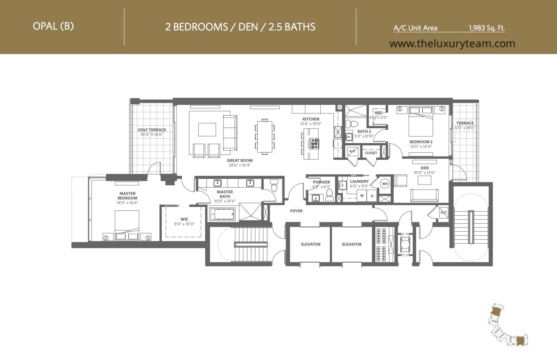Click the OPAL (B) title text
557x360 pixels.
click(53, 26)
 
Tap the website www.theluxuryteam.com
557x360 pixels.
click(452, 44)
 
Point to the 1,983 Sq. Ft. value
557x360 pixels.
click(487, 28)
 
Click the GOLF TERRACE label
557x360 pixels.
click(152, 130)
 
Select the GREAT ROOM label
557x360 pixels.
click(240, 161)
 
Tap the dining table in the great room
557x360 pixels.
click(265, 137)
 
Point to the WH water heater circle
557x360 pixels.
click(385, 184)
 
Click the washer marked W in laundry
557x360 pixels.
click(362, 196)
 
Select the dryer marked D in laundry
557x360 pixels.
click(372, 196)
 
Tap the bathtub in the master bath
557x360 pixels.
click(222, 214)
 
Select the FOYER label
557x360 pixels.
click(297, 211)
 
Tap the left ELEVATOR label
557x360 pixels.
click(311, 244)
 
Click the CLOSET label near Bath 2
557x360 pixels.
click(371, 153)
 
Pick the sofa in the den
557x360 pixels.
click(425, 196)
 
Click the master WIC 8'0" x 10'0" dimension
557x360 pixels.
click(184, 224)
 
